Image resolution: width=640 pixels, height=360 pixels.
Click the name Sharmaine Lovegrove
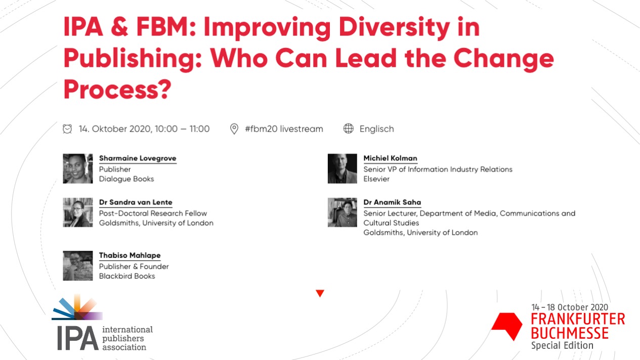[x=138, y=158]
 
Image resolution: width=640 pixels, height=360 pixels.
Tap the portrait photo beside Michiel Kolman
[x=343, y=168]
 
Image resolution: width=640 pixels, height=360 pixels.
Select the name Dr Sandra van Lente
[x=136, y=202]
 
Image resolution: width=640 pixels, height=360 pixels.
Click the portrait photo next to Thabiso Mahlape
[x=78, y=265]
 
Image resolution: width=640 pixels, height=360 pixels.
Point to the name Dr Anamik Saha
[x=392, y=202]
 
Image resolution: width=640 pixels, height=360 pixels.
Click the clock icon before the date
[x=67, y=129]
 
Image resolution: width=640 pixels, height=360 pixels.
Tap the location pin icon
[x=234, y=129]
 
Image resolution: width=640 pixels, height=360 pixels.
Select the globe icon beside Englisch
[x=349, y=129]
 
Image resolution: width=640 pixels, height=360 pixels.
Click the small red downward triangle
[x=320, y=293]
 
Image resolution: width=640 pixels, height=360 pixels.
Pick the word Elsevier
[x=376, y=179]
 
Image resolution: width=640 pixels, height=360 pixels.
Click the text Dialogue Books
[x=126, y=179]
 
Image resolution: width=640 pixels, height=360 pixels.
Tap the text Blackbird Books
[x=127, y=276]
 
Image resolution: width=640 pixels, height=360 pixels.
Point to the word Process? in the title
[x=117, y=89]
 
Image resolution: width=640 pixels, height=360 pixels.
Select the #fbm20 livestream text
[x=284, y=129]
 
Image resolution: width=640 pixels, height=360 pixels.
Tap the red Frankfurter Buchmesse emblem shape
[x=507, y=325]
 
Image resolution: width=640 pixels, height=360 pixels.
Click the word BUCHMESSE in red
[x=569, y=333]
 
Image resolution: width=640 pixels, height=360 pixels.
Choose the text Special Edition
[x=562, y=346]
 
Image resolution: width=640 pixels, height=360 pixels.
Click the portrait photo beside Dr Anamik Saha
[x=343, y=212]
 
